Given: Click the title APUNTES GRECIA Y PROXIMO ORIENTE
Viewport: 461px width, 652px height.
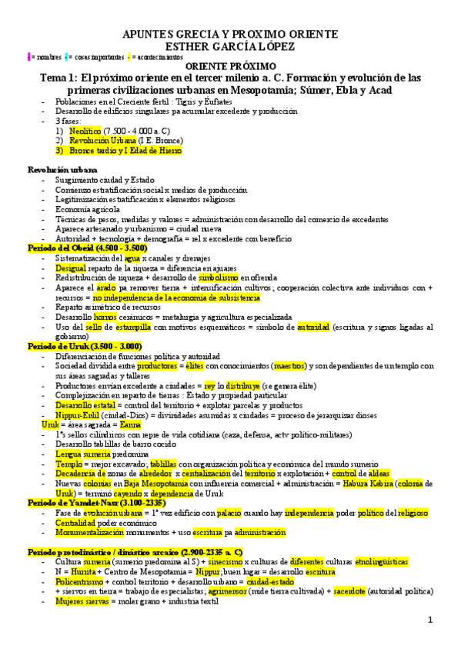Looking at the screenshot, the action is click(230, 35).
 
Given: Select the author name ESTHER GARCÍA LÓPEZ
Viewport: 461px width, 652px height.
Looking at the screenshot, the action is click(230, 45).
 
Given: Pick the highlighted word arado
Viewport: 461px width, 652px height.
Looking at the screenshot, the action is click(105, 288).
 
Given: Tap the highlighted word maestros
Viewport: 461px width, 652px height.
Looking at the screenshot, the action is click(289, 366).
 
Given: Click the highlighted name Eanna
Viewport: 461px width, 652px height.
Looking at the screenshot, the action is click(132, 424).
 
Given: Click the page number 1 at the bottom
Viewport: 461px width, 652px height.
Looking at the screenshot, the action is click(431, 620).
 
